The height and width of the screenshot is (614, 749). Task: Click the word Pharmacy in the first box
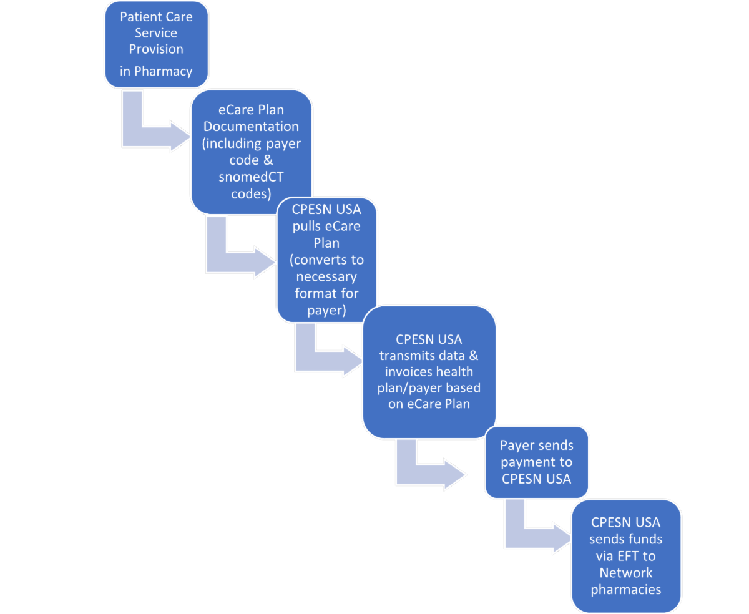click(x=163, y=71)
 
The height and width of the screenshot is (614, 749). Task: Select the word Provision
click(x=156, y=49)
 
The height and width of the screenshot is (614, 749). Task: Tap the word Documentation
click(x=251, y=127)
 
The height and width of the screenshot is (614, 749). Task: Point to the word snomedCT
click(x=251, y=177)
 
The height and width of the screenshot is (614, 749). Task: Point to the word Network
click(x=625, y=573)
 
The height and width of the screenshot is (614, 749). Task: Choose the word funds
click(x=644, y=539)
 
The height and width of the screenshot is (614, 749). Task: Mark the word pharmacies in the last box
click(x=625, y=590)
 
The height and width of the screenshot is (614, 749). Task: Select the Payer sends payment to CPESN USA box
click(x=536, y=462)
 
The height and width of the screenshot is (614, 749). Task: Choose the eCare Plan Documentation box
click(x=251, y=152)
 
